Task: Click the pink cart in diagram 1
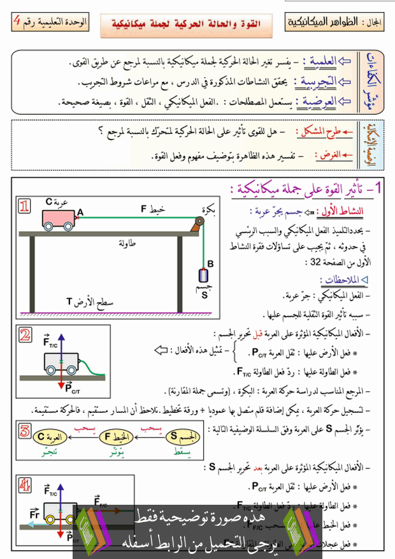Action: [59, 218]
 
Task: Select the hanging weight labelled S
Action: [204, 276]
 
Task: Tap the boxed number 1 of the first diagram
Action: [24, 206]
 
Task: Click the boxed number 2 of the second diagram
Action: [24, 336]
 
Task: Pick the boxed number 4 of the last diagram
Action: [24, 485]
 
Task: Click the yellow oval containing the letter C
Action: [50, 438]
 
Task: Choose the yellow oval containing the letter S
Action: [183, 438]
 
